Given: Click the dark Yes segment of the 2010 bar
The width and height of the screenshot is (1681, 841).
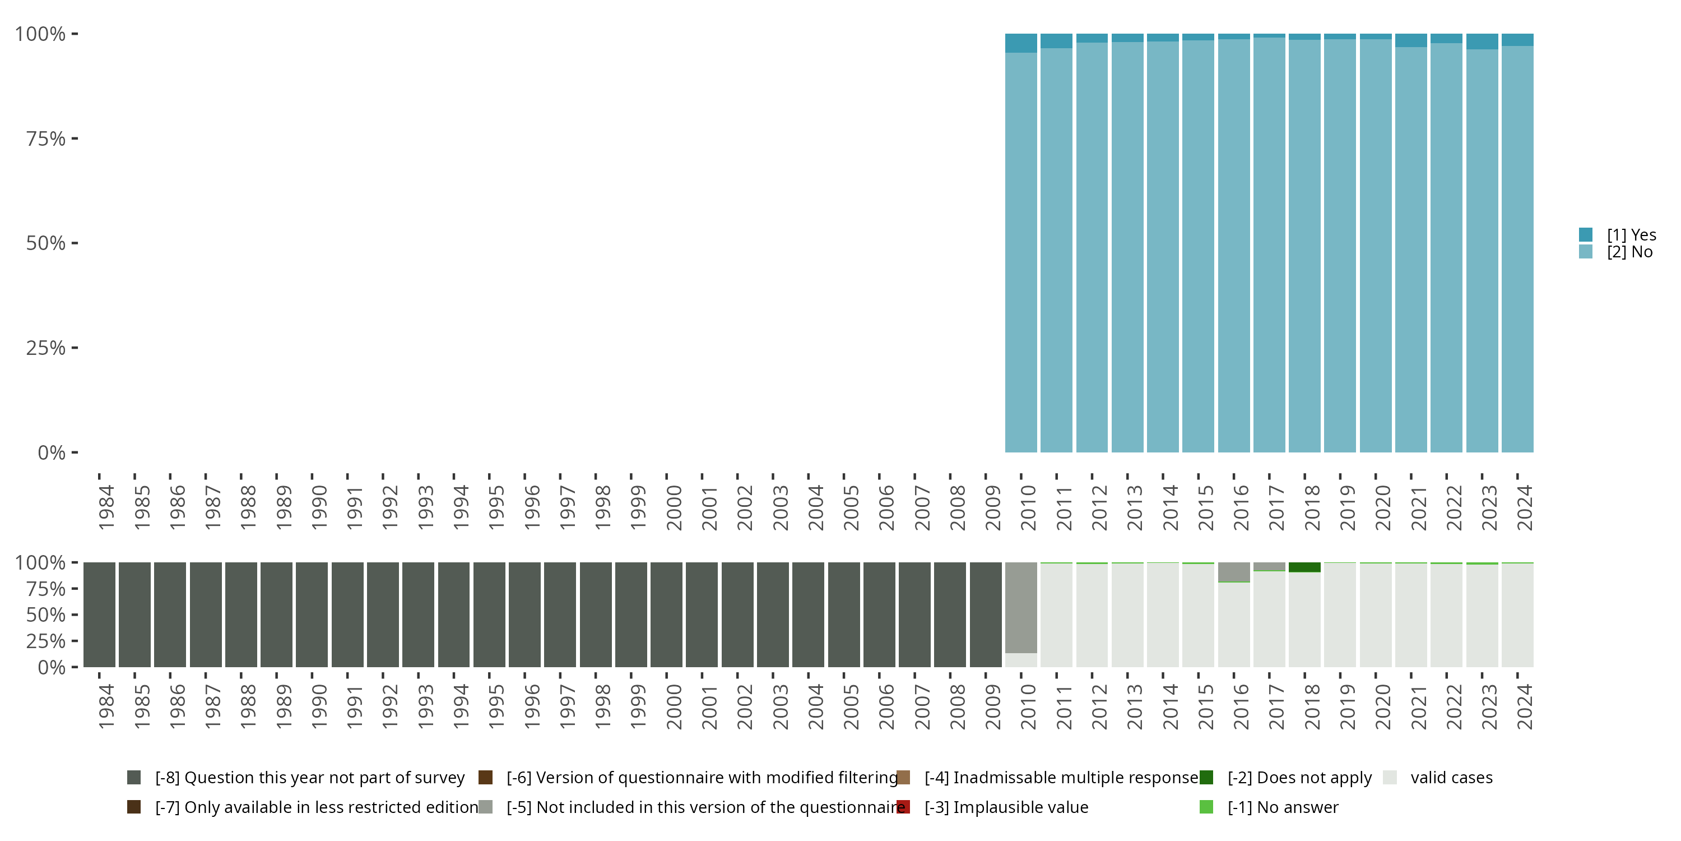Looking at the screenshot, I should (x=1020, y=43).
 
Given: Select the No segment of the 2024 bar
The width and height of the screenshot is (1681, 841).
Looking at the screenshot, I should (x=1517, y=248).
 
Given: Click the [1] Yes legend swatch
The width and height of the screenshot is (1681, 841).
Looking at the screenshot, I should (x=1585, y=234).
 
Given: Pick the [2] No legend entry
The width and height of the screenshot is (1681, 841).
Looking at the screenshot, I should (x=1629, y=252).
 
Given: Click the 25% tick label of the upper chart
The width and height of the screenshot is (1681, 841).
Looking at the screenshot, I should (x=46, y=348).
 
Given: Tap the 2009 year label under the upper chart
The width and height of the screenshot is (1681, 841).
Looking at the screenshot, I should (x=992, y=508).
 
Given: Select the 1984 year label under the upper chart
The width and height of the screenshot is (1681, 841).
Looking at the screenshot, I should (x=106, y=508).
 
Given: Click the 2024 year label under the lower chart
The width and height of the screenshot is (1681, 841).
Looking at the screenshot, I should (x=1524, y=706).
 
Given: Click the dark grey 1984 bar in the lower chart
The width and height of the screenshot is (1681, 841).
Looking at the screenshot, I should (x=99, y=614).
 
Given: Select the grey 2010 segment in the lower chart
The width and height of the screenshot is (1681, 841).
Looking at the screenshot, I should (x=1020, y=607).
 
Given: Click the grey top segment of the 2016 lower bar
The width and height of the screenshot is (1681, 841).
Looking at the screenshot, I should (x=1233, y=571).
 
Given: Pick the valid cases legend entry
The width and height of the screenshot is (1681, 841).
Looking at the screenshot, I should (x=1451, y=778).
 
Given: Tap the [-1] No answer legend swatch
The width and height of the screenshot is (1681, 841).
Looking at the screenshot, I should (x=1206, y=807).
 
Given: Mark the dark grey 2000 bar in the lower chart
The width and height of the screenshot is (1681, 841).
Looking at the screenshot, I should (x=666, y=614).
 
